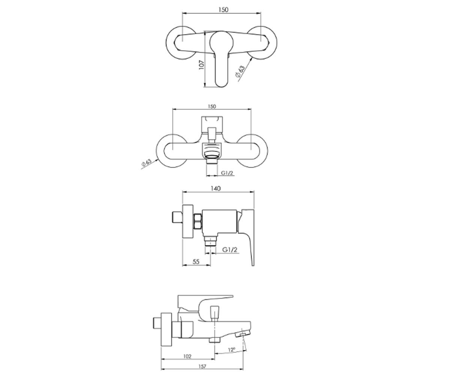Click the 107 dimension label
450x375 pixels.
tap(201, 64)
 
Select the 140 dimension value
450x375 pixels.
tap(216, 189)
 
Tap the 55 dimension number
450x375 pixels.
tap(196, 262)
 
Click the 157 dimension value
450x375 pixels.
tap(202, 360)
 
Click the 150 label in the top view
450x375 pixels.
tap(223, 10)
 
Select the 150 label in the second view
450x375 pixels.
tap(212, 106)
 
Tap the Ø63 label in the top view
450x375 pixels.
tap(240, 71)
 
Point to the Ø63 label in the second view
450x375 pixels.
tap(146, 162)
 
